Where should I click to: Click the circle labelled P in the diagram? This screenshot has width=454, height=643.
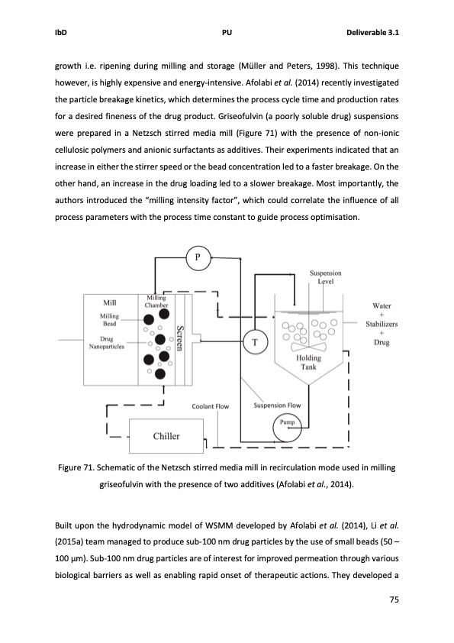tap(198, 257)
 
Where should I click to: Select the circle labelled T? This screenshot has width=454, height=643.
tap(254, 343)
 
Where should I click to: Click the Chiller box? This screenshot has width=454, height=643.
tap(166, 436)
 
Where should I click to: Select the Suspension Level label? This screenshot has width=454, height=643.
tap(325, 276)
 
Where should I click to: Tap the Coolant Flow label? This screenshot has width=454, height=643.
tap(210, 406)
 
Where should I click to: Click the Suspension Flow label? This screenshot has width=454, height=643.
tap(277, 406)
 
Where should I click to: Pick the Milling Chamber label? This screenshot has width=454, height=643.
tap(157, 302)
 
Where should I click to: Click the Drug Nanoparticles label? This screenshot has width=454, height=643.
tap(107, 341)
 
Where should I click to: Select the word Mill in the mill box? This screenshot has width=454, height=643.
tap(108, 302)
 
